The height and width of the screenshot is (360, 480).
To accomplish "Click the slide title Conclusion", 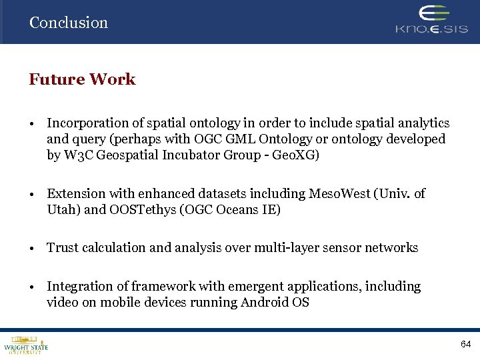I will [x=68, y=23].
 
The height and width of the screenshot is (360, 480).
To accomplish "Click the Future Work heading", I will [x=82, y=79].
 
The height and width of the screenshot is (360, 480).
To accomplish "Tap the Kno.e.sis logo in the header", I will [x=431, y=21].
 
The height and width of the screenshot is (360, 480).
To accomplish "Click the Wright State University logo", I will [x=26, y=344].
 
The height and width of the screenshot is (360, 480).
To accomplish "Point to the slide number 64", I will [x=465, y=344].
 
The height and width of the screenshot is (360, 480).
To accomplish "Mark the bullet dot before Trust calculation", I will [x=32, y=249].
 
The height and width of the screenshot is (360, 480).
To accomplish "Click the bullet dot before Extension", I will [x=32, y=195].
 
